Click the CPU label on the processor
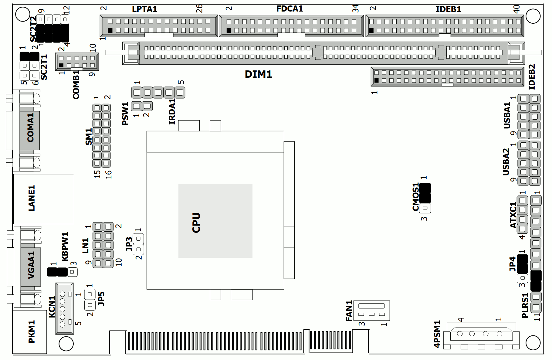pyautogui.click(x=196, y=222)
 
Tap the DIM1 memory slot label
pyautogui.click(x=258, y=74)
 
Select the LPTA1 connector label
pyautogui.click(x=144, y=9)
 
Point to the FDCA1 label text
pyautogui.click(x=290, y=8)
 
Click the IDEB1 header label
pyautogui.click(x=448, y=9)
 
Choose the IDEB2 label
pyautogui.click(x=532, y=77)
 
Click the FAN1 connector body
pyautogui.click(x=371, y=310)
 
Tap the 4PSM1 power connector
pyautogui.click(x=481, y=336)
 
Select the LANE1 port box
pyautogui.click(x=44, y=199)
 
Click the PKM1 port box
pyautogui.click(x=30, y=331)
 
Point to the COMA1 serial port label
pyautogui.click(x=30, y=127)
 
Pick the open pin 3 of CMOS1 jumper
pyautogui.click(x=425, y=208)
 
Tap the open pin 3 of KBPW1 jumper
pyautogui.click(x=72, y=272)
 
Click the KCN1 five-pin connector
pyautogui.click(x=64, y=309)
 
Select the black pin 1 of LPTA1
pyautogui.click(x=110, y=30)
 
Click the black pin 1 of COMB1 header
pyautogui.click(x=61, y=65)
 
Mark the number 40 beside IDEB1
pyautogui.click(x=516, y=9)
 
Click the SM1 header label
pyautogui.click(x=88, y=137)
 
